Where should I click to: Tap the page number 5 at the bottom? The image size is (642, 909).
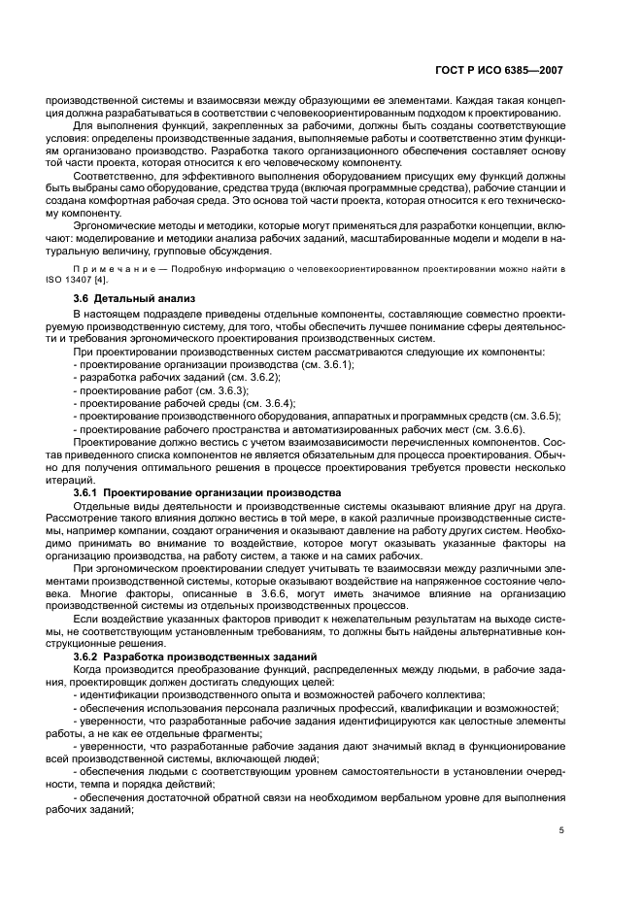561,830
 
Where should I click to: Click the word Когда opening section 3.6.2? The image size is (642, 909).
90,670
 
